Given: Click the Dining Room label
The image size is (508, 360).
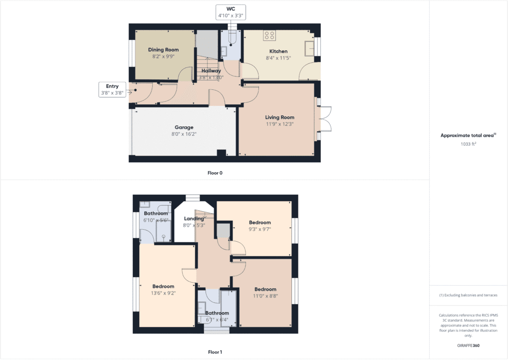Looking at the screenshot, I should [163, 50].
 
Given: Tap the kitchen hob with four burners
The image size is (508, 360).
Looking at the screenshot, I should [269, 35].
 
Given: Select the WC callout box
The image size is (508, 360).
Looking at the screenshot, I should [231, 12].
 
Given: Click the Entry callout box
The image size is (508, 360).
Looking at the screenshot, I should [112, 89].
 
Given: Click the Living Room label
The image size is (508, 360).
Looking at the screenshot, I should [279, 117].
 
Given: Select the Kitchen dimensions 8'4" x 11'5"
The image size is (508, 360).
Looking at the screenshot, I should [278, 58].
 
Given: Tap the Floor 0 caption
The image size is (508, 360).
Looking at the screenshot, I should [215, 173].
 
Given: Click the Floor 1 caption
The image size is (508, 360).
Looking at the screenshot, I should [215, 353].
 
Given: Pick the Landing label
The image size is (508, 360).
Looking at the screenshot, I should [194, 219].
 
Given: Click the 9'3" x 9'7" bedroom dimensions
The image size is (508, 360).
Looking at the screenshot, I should [260, 230].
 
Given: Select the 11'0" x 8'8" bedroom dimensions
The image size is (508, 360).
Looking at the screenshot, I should [265, 296].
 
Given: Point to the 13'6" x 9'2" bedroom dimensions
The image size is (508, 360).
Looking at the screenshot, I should [163, 294].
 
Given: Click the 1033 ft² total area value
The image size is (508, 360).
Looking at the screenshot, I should [468, 144].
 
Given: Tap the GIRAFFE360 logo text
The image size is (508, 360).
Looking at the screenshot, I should [468, 346].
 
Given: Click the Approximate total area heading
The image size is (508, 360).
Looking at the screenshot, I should [468, 135].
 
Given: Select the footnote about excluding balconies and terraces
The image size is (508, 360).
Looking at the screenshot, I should [468, 295].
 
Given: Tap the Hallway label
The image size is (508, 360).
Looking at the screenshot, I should [211, 71].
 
